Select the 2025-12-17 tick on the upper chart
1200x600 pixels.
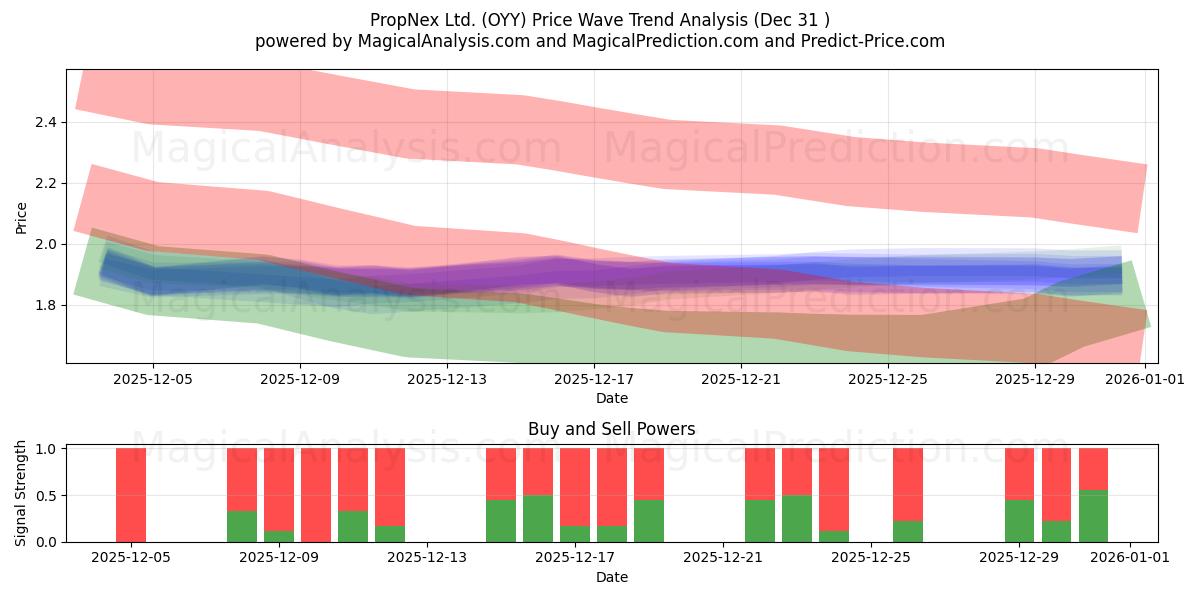[x=594, y=380]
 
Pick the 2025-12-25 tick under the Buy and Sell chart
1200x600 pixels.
[x=871, y=558]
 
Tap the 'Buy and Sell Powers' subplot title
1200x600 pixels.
[x=611, y=429]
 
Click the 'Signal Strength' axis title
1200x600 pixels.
[x=21, y=493]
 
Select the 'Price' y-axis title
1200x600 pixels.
[x=21, y=217]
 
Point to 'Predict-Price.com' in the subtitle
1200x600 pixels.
[x=875, y=41]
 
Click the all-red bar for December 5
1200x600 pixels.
[x=131, y=495]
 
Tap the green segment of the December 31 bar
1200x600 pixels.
[x=1093, y=516]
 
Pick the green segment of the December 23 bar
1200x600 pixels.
[x=797, y=518]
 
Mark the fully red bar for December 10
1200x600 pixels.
[x=316, y=495]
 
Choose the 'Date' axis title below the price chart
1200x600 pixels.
[x=611, y=398]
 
